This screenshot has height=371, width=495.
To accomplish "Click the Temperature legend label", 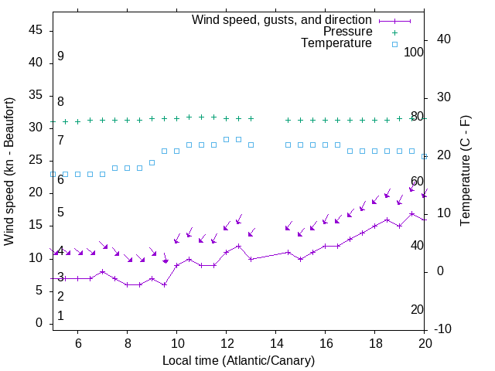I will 336,43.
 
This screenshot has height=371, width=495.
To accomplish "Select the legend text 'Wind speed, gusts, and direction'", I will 282,20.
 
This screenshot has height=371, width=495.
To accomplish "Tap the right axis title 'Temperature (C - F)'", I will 465,172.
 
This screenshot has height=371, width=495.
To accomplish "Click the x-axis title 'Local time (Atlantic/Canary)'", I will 238,360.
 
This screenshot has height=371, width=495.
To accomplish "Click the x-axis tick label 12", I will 226,343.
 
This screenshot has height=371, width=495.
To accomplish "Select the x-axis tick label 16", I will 325,343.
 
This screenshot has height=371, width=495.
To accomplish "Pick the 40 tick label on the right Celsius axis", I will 445,39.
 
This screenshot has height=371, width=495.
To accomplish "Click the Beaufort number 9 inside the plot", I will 60,56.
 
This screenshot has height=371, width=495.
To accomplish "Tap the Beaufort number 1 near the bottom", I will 60,316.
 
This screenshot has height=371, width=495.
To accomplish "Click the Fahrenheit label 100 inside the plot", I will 414,52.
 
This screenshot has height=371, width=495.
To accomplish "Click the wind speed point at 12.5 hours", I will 238,246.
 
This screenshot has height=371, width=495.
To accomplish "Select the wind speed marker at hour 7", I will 102,271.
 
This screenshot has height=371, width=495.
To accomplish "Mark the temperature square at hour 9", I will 152,162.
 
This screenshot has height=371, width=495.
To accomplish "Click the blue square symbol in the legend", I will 394,44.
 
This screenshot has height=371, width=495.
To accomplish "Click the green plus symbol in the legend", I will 394,32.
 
